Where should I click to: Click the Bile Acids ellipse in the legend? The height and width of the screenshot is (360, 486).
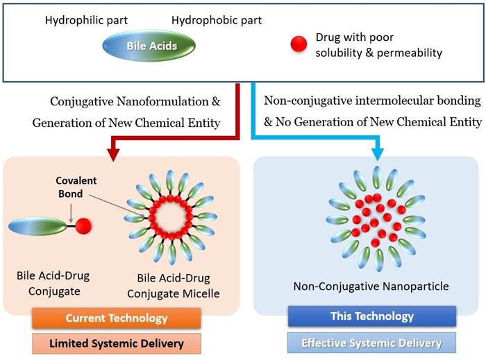pos(149,46)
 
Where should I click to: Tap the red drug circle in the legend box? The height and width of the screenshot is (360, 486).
pos(299,44)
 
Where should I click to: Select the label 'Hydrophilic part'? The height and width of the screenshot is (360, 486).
pos(86,20)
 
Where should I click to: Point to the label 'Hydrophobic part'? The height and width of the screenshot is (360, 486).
pos(217,20)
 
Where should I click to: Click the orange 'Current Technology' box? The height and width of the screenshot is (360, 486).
pos(117,318)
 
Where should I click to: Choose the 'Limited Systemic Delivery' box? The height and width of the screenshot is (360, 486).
pos(117,343)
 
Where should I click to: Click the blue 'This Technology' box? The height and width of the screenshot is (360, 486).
pos(372,316)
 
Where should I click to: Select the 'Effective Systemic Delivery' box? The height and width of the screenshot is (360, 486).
pos(371,343)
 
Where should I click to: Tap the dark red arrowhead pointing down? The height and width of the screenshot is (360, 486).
pos(113,153)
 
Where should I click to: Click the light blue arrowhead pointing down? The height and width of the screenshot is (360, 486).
pos(378,153)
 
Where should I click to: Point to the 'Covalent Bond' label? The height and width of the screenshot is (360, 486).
pos(76,187)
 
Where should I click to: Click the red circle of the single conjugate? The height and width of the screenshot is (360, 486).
pos(83,225)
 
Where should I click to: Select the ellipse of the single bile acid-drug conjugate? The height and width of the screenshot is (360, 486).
pos(37,226)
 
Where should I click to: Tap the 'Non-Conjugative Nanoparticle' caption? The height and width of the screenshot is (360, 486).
pos(371,286)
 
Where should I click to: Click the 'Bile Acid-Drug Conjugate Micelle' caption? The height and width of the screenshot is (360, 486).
pos(174,286)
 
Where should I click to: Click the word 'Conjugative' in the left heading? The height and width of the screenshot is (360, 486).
pos(81,102)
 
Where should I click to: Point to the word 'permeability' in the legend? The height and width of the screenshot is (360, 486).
pos(410,53)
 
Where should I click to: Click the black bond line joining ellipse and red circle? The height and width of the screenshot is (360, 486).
pos(71,225)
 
